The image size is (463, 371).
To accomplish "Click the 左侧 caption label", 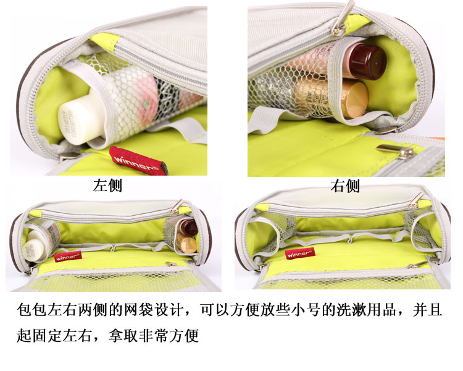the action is coord(107,185).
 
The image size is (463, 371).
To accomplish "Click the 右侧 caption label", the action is coord(345,186).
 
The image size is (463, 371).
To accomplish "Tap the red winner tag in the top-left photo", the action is coord(138,161).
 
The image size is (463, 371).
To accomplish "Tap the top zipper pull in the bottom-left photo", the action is coord(177,206).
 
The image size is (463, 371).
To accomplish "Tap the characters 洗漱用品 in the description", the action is coord(365,310).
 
